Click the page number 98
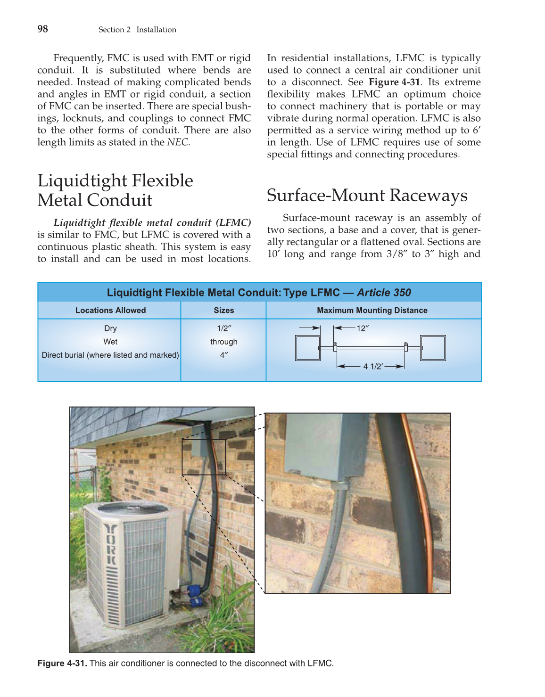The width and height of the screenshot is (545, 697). pos(42,29)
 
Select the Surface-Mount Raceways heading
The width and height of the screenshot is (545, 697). pos(367,195)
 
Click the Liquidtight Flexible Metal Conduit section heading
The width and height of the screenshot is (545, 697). pos(115,190)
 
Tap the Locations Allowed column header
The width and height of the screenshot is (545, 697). pos(110,310)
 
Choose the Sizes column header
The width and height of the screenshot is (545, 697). pos(223,310)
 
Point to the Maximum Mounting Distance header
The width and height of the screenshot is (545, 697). pos(372,310)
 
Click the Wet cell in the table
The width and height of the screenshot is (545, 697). pos(110,342)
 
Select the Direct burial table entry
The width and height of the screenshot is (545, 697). pos(110,355)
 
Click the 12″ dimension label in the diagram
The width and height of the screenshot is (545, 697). pos(362,328)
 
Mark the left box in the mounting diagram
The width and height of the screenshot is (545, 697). pos(307,348)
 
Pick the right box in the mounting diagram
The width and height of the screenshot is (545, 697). pos(433,348)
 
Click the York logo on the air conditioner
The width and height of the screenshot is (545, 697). pos(110,544)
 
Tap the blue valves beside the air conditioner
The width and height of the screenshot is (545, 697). pos(194,593)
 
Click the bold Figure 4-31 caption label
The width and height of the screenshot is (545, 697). pos(62,663)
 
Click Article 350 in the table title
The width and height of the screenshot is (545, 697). pos(384,293)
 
